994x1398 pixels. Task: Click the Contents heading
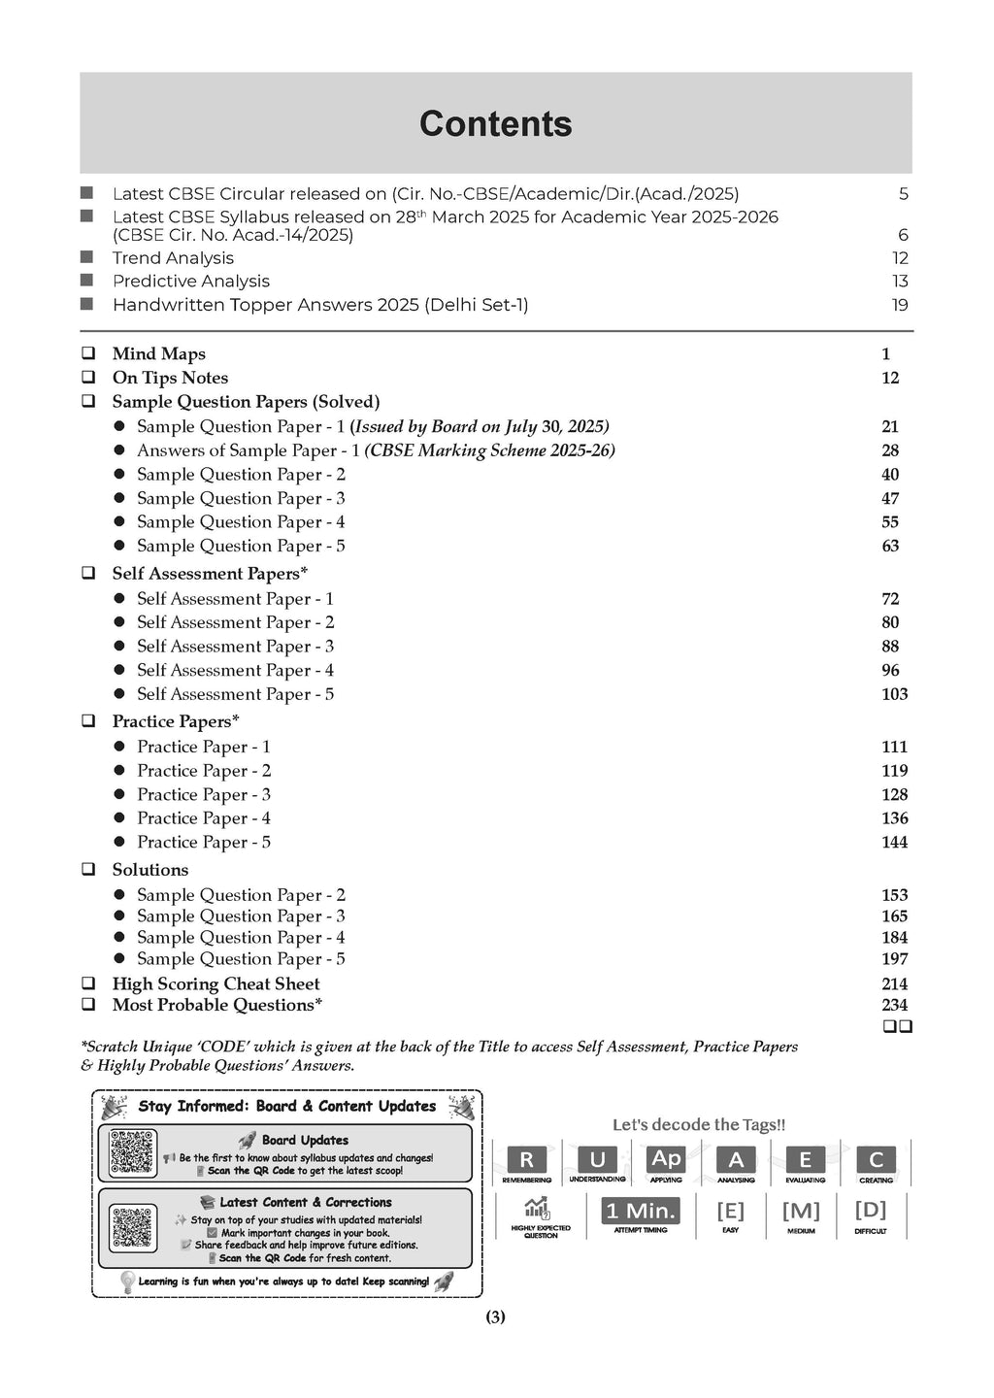(x=495, y=124)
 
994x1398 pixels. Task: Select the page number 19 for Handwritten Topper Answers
(x=900, y=305)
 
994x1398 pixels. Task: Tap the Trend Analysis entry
(x=173, y=258)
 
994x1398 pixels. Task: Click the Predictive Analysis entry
(x=190, y=282)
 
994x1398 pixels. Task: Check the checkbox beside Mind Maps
(x=88, y=354)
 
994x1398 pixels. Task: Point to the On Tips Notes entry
(x=170, y=378)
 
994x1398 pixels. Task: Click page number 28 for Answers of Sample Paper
(x=890, y=450)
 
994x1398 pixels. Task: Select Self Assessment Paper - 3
(x=235, y=647)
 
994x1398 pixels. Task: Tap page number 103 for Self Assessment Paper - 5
(x=894, y=694)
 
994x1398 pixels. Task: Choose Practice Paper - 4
(x=204, y=818)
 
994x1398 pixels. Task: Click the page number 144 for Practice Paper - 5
(x=894, y=843)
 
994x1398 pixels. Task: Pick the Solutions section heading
(x=150, y=870)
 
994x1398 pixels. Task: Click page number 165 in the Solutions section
(x=894, y=916)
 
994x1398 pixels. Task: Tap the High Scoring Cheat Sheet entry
(x=215, y=983)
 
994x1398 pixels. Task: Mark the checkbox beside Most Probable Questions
(x=88, y=1006)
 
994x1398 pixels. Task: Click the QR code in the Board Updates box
(x=133, y=1153)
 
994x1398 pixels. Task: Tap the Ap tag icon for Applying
(x=666, y=1159)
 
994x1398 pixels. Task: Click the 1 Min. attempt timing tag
(x=641, y=1211)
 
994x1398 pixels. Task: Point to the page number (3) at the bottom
(x=495, y=1317)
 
